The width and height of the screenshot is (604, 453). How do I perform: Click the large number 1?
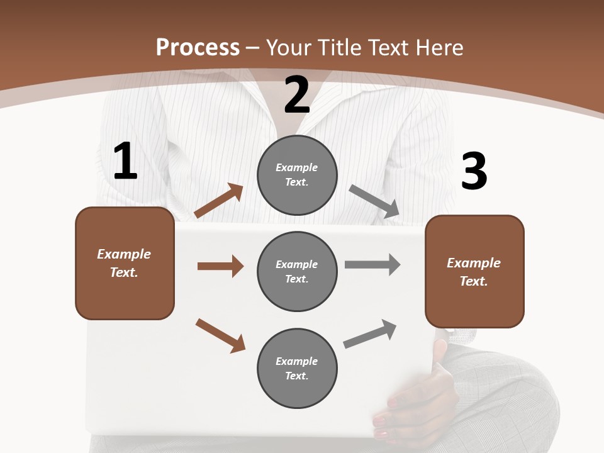click(x=125, y=162)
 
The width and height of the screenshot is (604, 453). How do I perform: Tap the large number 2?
click(x=297, y=95)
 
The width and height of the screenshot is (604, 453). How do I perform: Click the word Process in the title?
click(x=198, y=47)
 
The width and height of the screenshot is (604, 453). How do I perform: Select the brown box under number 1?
click(x=125, y=263)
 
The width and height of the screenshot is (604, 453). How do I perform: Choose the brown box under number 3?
click(x=474, y=272)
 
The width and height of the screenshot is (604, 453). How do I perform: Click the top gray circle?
click(x=297, y=175)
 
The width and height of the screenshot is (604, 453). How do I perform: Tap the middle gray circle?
click(x=297, y=271)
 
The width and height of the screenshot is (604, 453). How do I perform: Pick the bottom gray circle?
click(x=297, y=368)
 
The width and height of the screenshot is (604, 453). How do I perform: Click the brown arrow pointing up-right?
click(x=219, y=201)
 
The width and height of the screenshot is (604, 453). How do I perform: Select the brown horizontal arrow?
click(x=220, y=266)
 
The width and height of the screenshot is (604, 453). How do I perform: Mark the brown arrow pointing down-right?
click(x=220, y=335)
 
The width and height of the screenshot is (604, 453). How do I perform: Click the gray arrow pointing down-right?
click(x=374, y=201)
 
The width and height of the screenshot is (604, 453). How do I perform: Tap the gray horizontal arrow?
click(x=372, y=264)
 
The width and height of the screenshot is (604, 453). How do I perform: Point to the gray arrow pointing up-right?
click(x=370, y=333)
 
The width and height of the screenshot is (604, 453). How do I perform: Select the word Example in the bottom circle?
click(x=297, y=361)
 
